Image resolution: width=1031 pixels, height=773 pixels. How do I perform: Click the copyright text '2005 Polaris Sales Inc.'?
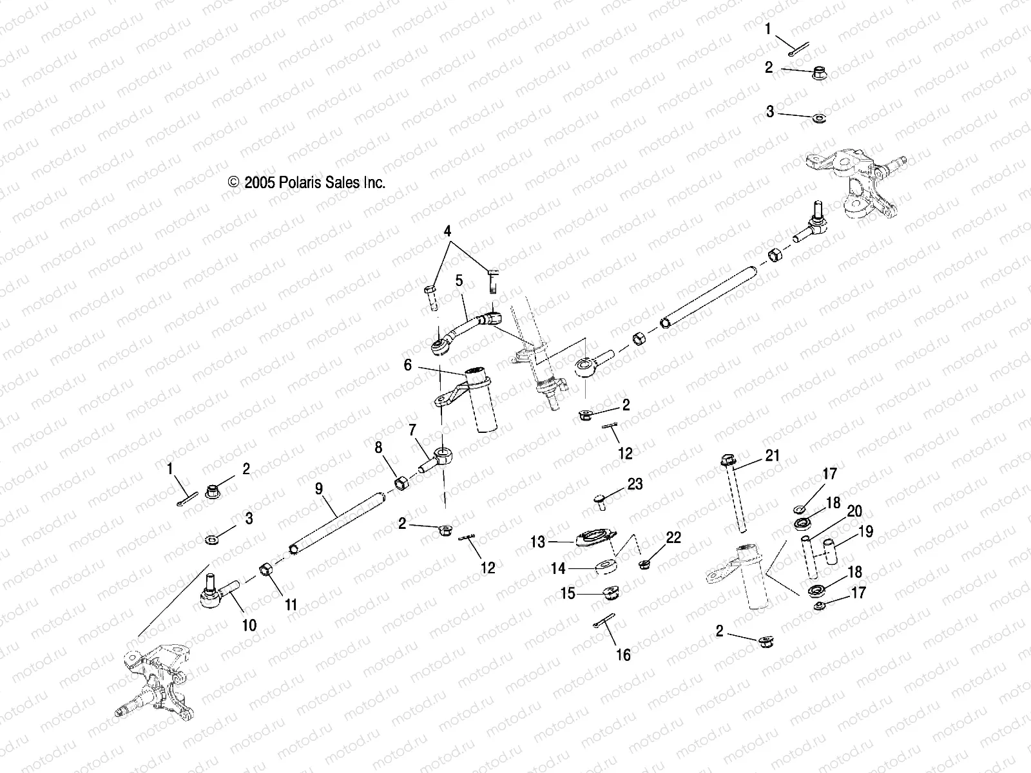(x=307, y=183)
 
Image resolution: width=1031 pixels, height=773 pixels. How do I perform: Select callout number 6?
(x=407, y=365)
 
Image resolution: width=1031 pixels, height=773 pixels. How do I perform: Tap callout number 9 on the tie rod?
(x=318, y=489)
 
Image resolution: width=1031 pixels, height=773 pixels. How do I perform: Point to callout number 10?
(x=249, y=625)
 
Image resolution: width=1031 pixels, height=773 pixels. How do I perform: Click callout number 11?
(x=291, y=604)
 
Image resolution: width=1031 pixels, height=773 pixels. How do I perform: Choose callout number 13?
(x=537, y=542)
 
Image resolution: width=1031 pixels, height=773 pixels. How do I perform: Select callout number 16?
(x=623, y=655)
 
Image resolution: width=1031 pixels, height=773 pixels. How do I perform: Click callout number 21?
(x=772, y=455)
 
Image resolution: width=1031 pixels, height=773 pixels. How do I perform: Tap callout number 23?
(x=635, y=484)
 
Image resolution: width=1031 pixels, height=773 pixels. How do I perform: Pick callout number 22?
(x=673, y=538)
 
